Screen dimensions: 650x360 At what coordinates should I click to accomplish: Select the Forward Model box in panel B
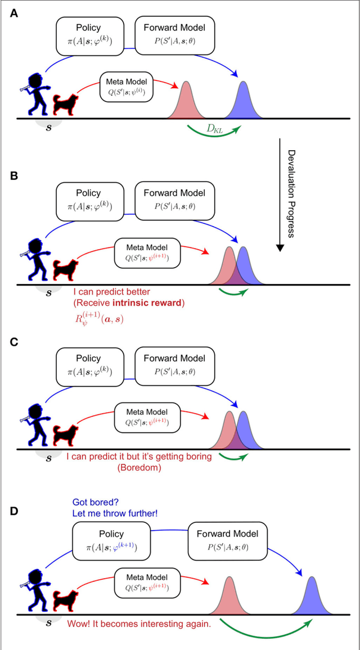click(x=174, y=198)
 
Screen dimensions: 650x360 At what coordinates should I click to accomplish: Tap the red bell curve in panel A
click(x=186, y=101)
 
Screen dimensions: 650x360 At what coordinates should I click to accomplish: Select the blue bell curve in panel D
click(x=313, y=597)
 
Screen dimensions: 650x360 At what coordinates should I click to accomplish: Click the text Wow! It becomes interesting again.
click(x=138, y=624)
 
